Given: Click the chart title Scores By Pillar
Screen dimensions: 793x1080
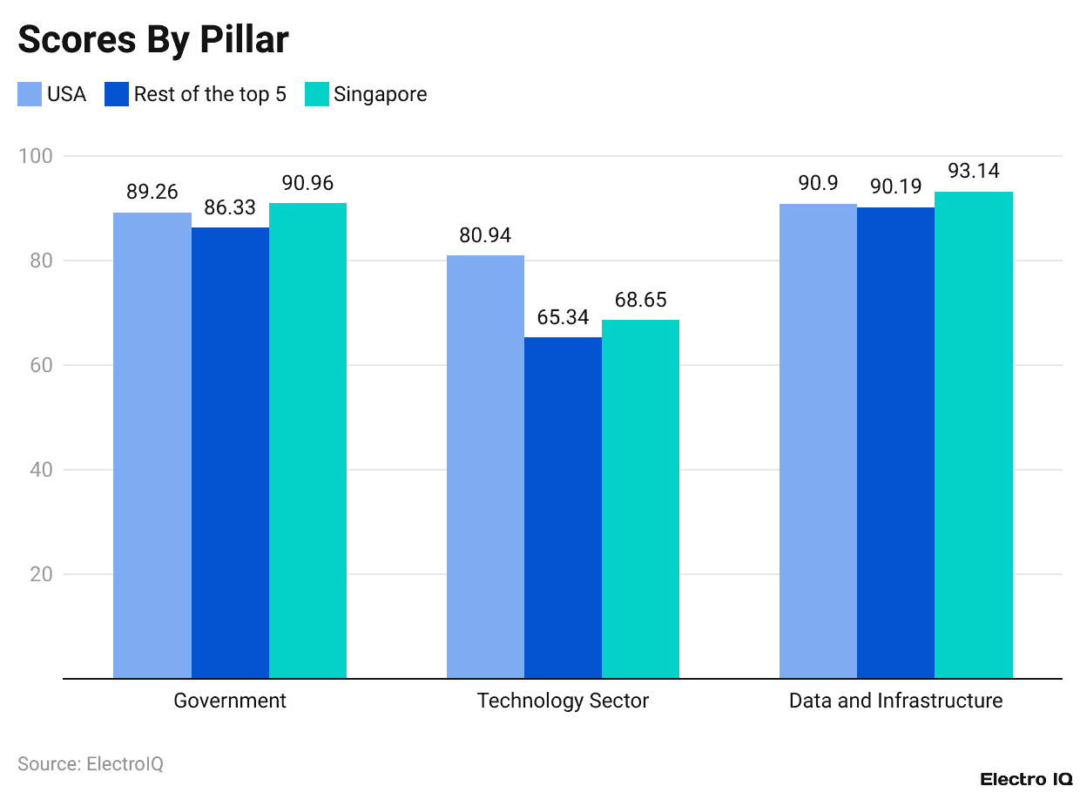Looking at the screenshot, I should pyautogui.click(x=153, y=40).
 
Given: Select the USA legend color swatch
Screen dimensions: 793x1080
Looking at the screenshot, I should pyautogui.click(x=30, y=94).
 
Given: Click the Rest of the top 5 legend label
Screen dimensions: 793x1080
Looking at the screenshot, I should pyautogui.click(x=210, y=94).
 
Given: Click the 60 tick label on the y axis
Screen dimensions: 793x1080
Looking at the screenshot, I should pyautogui.click(x=40, y=365).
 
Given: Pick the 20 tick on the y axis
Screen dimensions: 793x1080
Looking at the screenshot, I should pyautogui.click(x=40, y=574).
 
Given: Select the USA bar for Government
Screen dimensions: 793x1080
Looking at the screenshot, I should pyautogui.click(x=152, y=445).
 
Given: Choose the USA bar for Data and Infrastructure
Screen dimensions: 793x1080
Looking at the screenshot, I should pyautogui.click(x=818, y=441).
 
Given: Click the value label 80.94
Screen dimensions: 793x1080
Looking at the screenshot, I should pyautogui.click(x=486, y=235).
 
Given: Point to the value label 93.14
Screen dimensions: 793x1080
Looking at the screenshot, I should pyautogui.click(x=974, y=172).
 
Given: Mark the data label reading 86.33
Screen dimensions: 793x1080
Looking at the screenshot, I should pyautogui.click(x=230, y=208).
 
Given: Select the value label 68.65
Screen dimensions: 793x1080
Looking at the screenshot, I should pyautogui.click(x=640, y=300).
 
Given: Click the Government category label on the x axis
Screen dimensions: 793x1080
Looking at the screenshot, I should pyautogui.click(x=230, y=701).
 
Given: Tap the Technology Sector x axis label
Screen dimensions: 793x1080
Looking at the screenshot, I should pyautogui.click(x=563, y=701).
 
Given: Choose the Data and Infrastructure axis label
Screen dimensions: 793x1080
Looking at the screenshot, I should pyautogui.click(x=895, y=701).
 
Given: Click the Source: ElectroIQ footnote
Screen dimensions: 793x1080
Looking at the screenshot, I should pyautogui.click(x=91, y=764).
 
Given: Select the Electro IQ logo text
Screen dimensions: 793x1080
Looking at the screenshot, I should pyautogui.click(x=1025, y=779).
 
